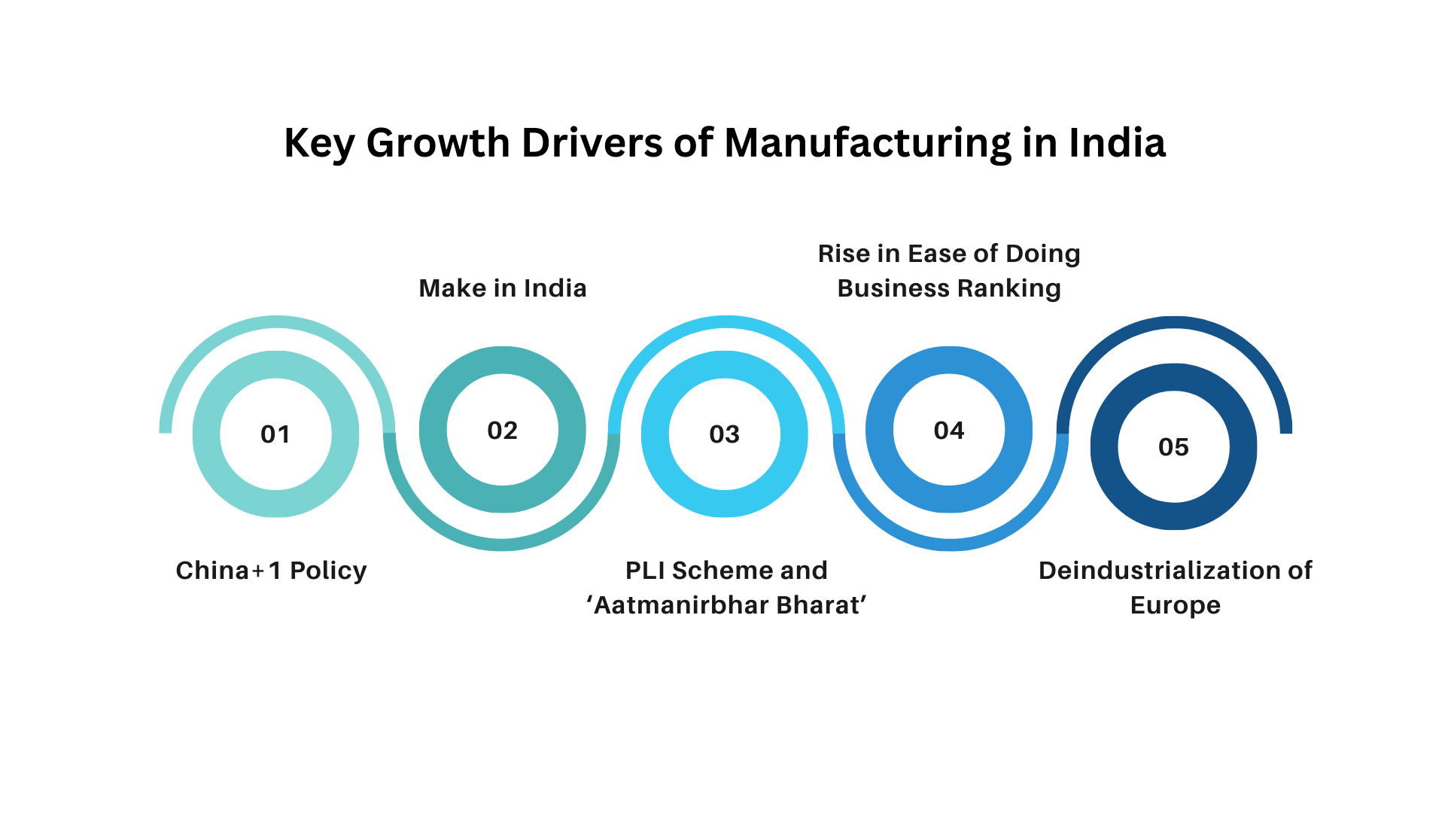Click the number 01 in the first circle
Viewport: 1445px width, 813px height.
click(275, 434)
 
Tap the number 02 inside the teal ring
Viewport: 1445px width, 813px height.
click(502, 431)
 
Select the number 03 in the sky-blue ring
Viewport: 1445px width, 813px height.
click(724, 434)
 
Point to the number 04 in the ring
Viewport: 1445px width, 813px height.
click(948, 431)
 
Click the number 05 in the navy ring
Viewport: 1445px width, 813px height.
click(1173, 447)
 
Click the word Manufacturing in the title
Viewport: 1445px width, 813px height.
click(868, 142)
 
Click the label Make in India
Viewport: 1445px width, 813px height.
click(502, 288)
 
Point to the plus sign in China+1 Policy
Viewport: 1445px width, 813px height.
click(258, 571)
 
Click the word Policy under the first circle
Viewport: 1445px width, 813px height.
click(328, 571)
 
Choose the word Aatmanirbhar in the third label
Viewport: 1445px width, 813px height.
click(680, 605)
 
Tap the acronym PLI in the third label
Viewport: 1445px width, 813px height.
click(645, 571)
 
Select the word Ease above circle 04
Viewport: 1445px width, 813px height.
click(935, 254)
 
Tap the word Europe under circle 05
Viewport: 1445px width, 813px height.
click(1175, 606)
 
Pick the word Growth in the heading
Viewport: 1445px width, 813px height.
click(438, 142)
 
